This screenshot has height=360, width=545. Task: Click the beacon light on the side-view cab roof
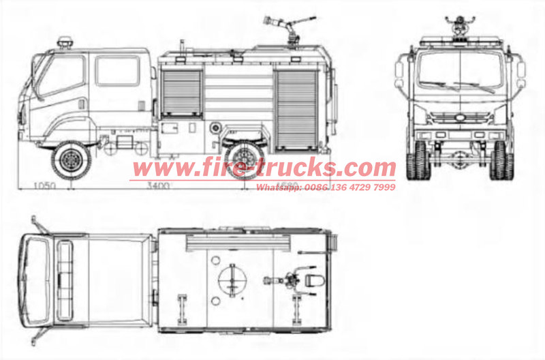65,43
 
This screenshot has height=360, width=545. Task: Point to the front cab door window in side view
63,74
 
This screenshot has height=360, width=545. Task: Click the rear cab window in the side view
117,71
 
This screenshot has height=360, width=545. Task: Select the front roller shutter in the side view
183,91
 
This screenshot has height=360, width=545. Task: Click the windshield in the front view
461,72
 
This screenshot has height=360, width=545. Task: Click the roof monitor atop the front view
461,26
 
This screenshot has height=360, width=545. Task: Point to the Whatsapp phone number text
326,186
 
